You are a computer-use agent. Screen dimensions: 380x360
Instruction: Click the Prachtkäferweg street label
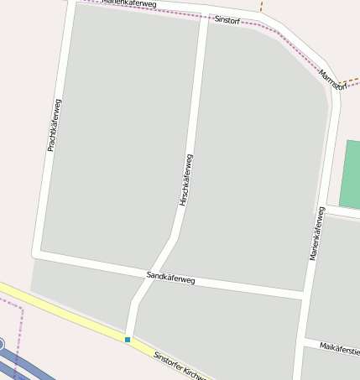click(53, 125)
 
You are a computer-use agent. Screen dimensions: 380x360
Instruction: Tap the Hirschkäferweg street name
click(185, 180)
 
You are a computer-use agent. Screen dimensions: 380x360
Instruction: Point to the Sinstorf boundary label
click(227, 19)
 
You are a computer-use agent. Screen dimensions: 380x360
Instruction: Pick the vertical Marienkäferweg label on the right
click(316, 233)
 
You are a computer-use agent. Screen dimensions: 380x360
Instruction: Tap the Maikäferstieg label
click(341, 349)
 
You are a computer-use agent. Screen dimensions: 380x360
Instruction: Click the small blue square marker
click(128, 340)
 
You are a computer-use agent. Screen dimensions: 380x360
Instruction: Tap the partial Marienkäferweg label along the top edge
click(129, 4)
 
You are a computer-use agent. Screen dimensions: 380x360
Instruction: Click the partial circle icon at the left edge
click(2, 343)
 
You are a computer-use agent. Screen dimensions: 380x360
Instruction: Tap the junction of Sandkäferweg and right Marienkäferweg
click(304, 295)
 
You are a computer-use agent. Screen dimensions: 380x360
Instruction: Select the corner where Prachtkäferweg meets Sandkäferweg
click(37, 252)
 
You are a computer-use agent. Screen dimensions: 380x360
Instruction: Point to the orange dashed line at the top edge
click(261, 7)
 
